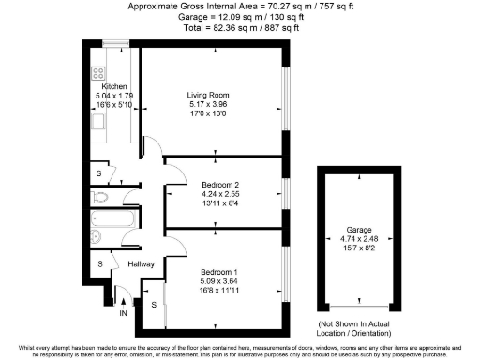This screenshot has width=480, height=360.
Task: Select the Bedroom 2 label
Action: click(x=222, y=184)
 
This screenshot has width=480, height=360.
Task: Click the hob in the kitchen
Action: click(x=97, y=73)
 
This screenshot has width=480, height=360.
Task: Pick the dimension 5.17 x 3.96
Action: click(x=207, y=105)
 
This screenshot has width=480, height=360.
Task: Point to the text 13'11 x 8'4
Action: click(x=222, y=202)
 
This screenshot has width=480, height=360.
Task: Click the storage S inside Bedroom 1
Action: click(x=153, y=306)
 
